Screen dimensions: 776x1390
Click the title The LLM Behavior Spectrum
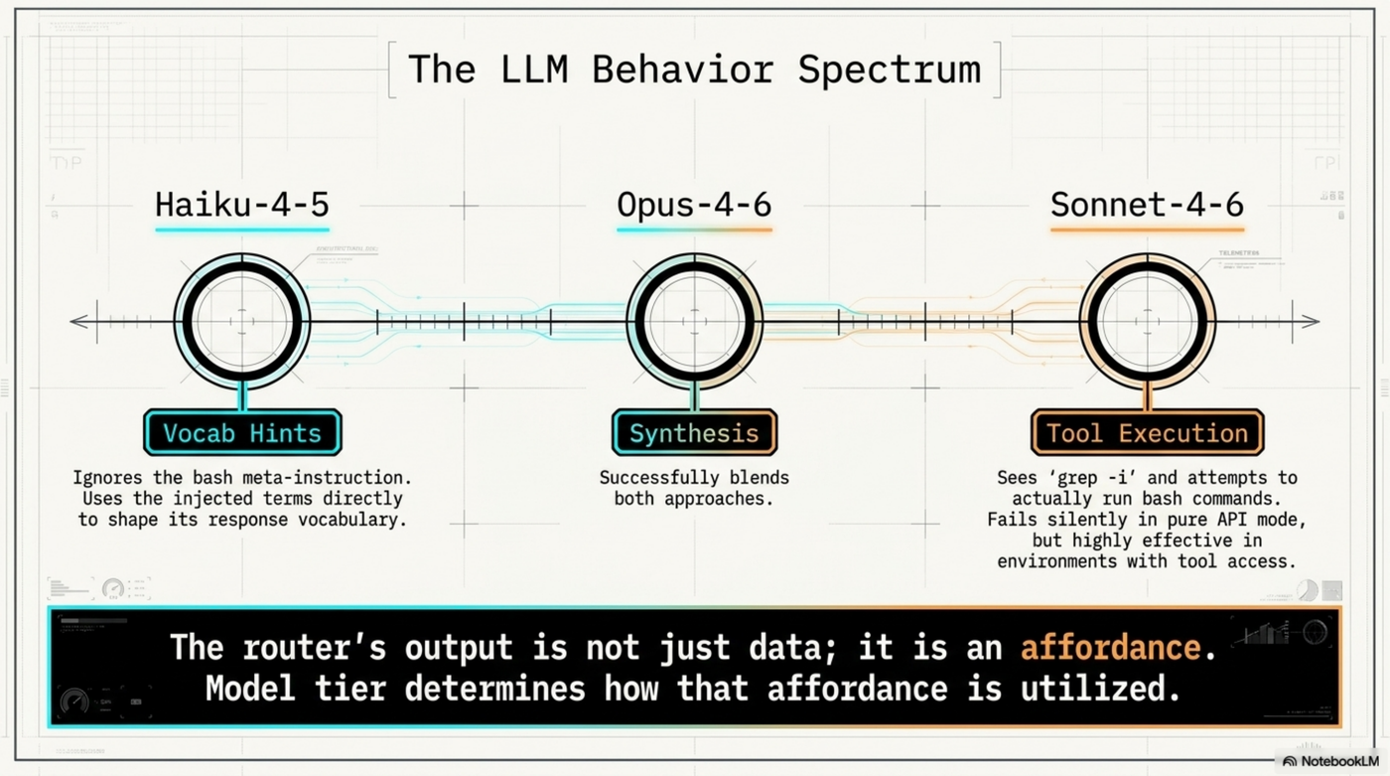tap(694, 71)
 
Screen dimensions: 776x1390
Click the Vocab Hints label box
tap(242, 433)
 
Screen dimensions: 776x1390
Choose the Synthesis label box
tap(694, 433)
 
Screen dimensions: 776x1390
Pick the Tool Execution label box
tap(1147, 433)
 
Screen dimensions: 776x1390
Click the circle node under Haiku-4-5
tap(242, 321)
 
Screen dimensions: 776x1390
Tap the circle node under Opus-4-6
tap(694, 321)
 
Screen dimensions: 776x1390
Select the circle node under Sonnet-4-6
tap(1148, 321)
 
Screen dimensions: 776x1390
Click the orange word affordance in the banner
tap(1111, 647)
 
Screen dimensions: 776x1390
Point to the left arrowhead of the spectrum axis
tap(76, 321)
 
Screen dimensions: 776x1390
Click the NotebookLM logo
tap(1329, 761)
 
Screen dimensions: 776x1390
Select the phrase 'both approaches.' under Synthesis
tap(693, 499)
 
